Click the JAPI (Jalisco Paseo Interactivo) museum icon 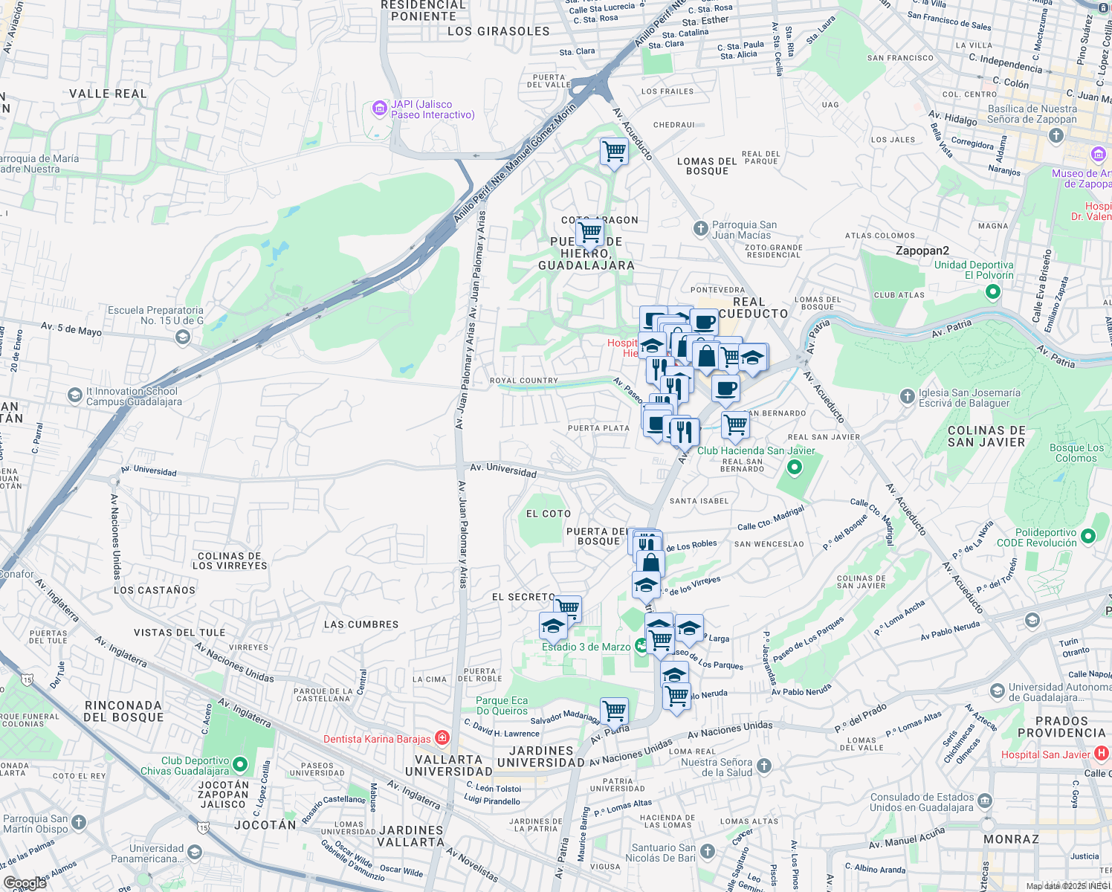(380, 109)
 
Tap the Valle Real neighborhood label (108, 94)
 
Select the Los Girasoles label (498, 31)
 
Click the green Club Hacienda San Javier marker (795, 468)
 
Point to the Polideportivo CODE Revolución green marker (1088, 536)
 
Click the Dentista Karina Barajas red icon (442, 738)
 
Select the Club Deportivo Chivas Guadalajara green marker (240, 764)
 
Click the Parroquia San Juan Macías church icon (700, 229)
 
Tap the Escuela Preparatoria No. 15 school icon (182, 338)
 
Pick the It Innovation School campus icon (74, 395)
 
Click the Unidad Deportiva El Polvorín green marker (993, 291)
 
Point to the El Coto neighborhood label (549, 514)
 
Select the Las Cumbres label (361, 624)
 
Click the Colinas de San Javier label (986, 436)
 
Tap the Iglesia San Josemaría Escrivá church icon (907, 397)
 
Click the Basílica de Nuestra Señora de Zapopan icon (1056, 135)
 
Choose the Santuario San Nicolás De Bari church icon (708, 851)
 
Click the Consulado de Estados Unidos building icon (985, 801)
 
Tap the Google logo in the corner (25, 882)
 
